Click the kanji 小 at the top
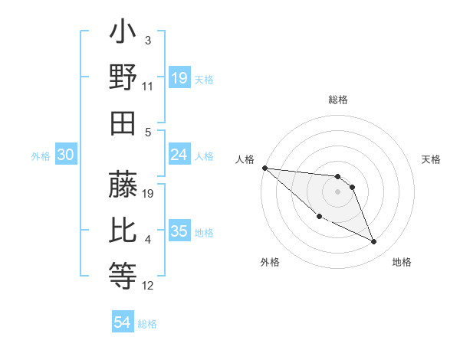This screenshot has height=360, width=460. (x=123, y=35)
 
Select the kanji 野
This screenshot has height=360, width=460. (x=123, y=78)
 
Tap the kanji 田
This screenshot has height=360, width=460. (x=123, y=123)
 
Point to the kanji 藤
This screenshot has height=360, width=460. (x=123, y=185)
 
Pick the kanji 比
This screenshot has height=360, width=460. (x=123, y=229)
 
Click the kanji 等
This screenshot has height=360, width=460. (x=123, y=273)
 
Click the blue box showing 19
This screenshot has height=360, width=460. (x=179, y=78)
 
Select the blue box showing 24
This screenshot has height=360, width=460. (x=179, y=155)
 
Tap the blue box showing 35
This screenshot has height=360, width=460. (x=179, y=231)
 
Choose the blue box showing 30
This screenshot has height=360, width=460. (x=65, y=155)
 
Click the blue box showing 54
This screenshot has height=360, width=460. (x=123, y=322)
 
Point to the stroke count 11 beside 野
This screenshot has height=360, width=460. (x=148, y=86)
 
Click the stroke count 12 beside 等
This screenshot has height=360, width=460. (x=148, y=286)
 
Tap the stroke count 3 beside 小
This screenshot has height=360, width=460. (x=148, y=39)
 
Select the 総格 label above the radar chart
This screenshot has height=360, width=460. (x=338, y=100)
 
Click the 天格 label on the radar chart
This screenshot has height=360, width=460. (x=432, y=159)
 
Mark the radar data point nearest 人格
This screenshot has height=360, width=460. (x=264, y=168)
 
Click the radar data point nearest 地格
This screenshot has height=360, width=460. (x=374, y=242)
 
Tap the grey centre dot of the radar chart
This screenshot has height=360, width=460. (x=337, y=191)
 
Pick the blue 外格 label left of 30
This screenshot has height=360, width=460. (x=41, y=155)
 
